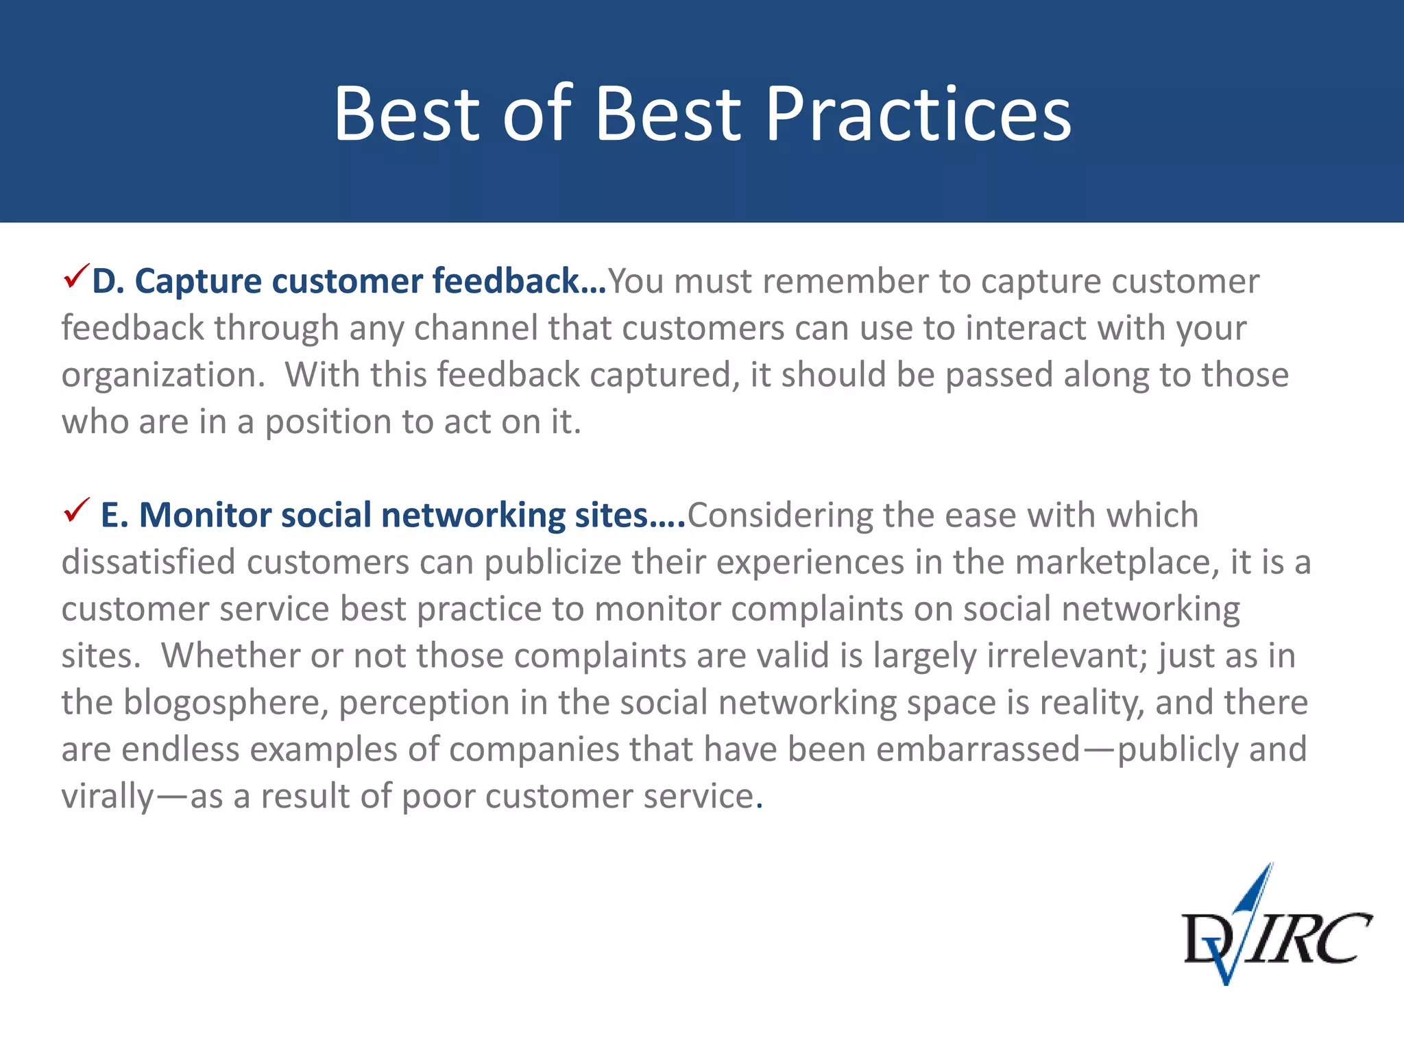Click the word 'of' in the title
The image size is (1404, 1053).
point(537,114)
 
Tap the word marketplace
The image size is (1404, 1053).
point(1116,563)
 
